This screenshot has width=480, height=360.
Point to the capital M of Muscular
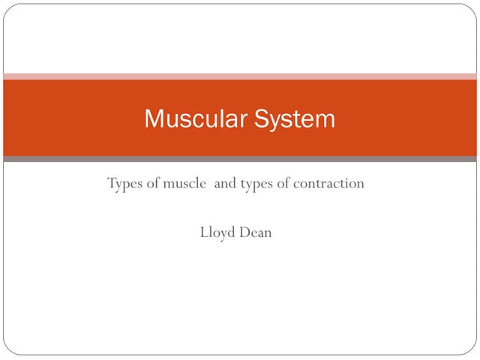152,119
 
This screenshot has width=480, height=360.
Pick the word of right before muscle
152,184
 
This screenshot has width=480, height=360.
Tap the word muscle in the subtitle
184,184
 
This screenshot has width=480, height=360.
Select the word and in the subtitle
225,184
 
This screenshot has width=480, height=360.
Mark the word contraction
330,184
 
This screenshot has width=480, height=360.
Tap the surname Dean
256,232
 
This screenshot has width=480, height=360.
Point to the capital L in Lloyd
203,232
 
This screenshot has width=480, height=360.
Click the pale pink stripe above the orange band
240,76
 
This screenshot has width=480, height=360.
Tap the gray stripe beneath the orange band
240,159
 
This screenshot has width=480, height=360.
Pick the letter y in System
274,121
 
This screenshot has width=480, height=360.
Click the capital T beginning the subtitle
112,184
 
